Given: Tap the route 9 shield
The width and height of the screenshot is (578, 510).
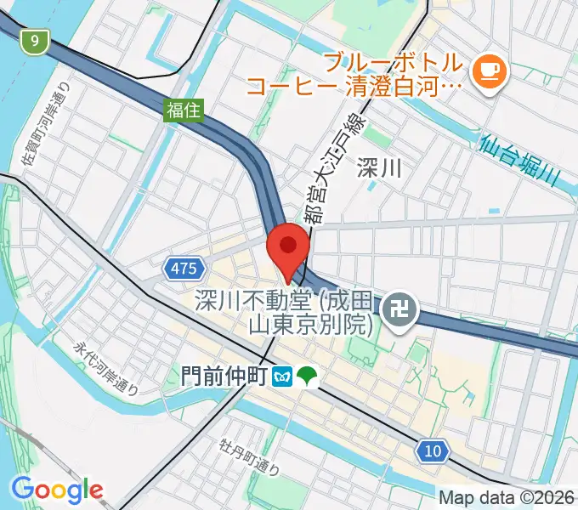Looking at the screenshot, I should (34, 41).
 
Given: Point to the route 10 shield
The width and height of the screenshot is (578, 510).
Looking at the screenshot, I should (433, 450).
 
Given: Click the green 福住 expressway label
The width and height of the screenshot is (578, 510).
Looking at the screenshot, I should (184, 108).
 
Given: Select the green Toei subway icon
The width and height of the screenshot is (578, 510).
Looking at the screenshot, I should (306, 376).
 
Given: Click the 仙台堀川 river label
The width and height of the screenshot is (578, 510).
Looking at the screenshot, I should (519, 160).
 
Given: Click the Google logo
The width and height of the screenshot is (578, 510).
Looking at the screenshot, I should (57, 490).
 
